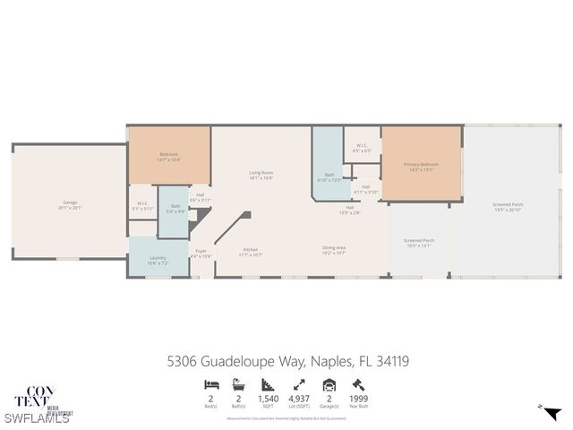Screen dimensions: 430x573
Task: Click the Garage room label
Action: tap(71, 205)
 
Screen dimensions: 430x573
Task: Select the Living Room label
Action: tap(261, 175)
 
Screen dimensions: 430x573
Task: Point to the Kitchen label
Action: tap(251, 253)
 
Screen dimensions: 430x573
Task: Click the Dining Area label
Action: tap(334, 250)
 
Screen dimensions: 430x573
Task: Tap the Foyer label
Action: tap(201, 254)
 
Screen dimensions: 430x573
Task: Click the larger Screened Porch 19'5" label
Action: tap(508, 206)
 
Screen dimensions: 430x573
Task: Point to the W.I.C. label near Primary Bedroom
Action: tap(361, 148)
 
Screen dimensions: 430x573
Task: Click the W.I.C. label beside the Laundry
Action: tap(142, 206)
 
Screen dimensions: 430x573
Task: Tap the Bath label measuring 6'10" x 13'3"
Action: tap(329, 176)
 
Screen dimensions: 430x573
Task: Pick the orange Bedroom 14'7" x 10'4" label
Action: tap(168, 156)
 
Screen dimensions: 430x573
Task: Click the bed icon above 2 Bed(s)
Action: tap(210, 384)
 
